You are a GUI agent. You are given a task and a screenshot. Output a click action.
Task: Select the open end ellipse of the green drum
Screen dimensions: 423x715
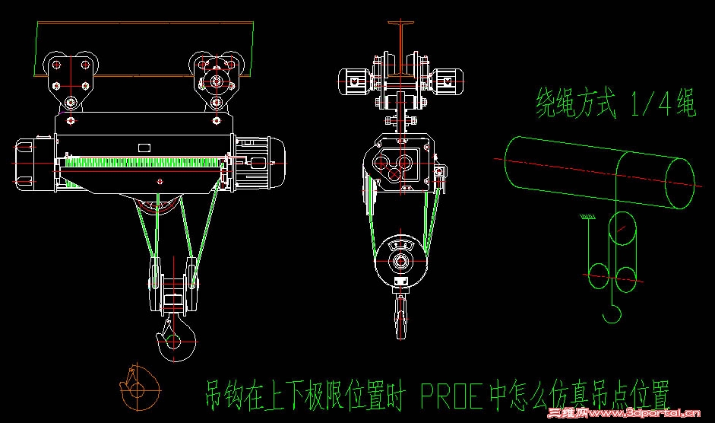pos(680,183)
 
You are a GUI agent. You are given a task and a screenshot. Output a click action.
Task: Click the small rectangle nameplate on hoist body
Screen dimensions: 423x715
pos(144,148)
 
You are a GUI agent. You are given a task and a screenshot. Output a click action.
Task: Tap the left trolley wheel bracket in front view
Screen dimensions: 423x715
pos(71,80)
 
